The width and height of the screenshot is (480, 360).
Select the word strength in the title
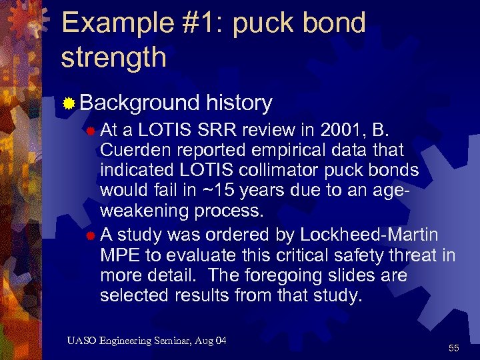113,57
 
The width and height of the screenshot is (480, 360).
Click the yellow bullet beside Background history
68,103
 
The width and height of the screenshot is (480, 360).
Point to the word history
239,103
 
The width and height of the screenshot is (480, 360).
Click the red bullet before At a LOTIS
90,129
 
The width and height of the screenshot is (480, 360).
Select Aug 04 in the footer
212,341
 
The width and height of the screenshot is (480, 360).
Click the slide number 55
454,347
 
